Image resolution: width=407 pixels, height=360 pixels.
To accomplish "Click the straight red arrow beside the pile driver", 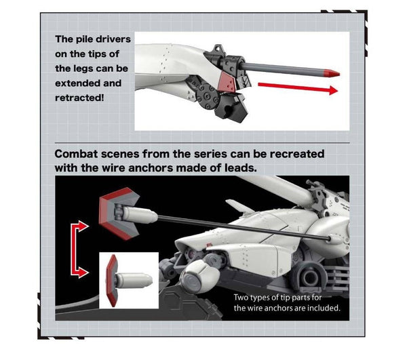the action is [x=298, y=87].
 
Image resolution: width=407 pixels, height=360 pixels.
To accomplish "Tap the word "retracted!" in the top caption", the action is [x=79, y=98].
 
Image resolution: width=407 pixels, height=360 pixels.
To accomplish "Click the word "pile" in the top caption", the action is [x=85, y=39].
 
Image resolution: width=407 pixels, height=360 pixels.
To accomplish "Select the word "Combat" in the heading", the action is [x=76, y=154].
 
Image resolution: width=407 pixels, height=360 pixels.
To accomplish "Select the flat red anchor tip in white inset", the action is [x=112, y=281].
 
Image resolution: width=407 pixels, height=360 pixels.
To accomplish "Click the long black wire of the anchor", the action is [x=243, y=228].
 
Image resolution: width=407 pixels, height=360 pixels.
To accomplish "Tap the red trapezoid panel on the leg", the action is [x=227, y=81].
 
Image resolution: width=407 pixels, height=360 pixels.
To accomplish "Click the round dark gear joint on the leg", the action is [x=206, y=96].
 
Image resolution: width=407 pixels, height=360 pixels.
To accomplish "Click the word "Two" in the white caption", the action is [x=241, y=297].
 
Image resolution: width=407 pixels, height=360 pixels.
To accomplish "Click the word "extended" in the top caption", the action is [x=76, y=83].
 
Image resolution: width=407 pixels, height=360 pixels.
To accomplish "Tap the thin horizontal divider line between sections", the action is [x=202, y=142].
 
